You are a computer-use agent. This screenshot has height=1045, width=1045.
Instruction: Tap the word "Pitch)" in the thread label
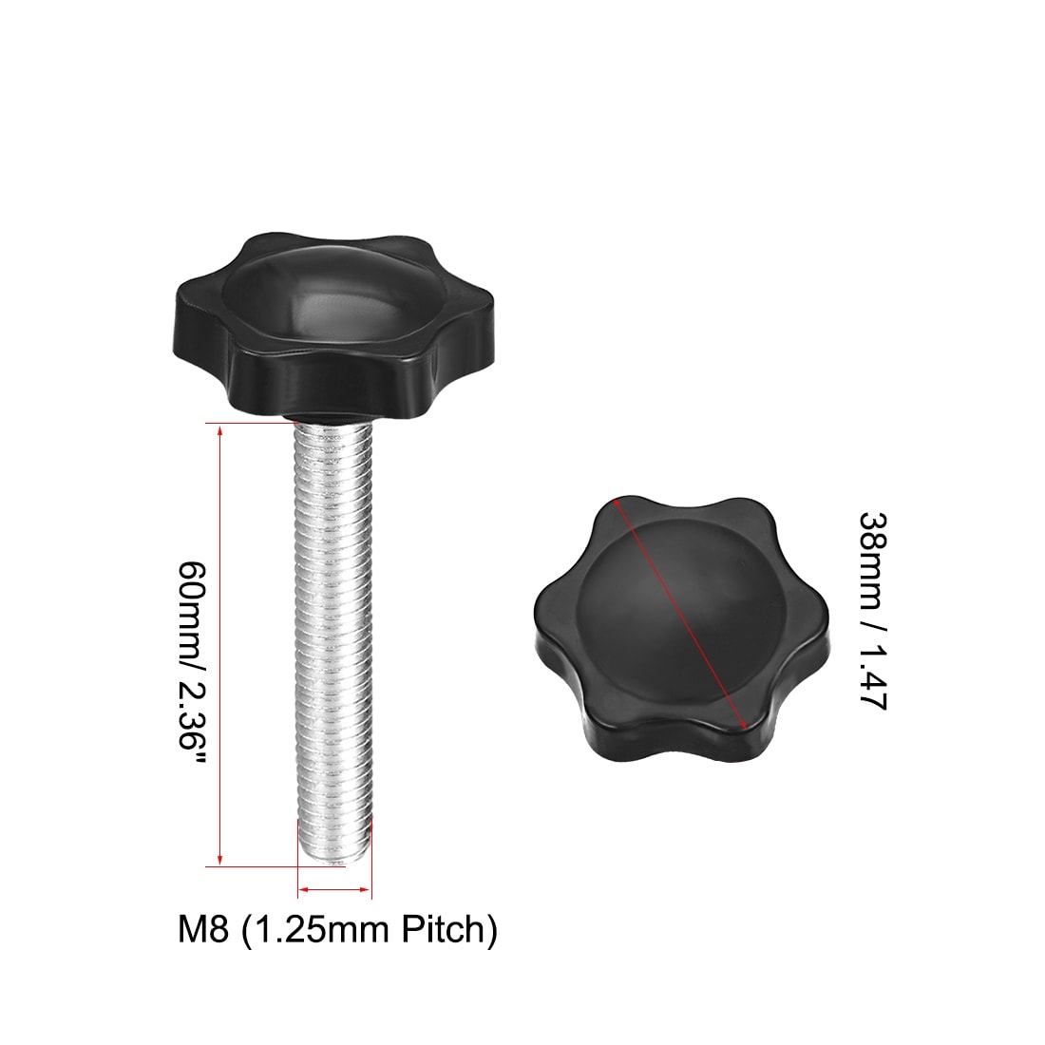click(449, 930)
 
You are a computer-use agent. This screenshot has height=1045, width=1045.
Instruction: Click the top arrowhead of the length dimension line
click(220, 428)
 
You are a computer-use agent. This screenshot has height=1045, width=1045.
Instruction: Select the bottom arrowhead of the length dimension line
click(220, 859)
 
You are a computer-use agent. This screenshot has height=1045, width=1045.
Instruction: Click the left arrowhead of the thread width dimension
click(304, 888)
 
